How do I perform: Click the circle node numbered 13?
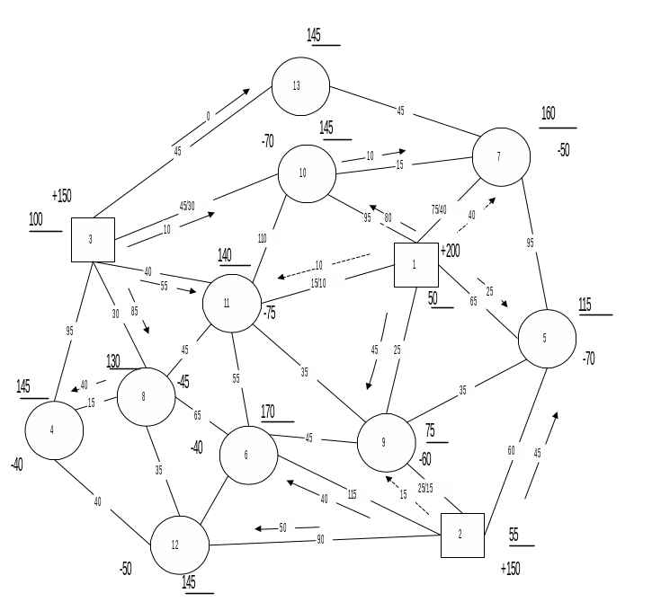click(x=300, y=86)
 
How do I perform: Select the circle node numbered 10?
click(x=307, y=173)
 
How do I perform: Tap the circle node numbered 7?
click(x=501, y=156)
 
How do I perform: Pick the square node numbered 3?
click(x=93, y=240)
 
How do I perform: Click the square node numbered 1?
click(x=415, y=264)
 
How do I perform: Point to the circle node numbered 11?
click(x=231, y=303)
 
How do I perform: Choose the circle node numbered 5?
click(x=547, y=339)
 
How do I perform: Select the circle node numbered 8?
click(x=146, y=396)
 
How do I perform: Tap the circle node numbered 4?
click(x=54, y=429)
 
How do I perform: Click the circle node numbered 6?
click(x=248, y=455)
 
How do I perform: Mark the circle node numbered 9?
click(x=386, y=442)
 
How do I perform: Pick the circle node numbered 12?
click(x=179, y=545)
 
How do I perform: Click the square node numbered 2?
click(x=462, y=535)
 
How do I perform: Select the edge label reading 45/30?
click(x=194, y=206)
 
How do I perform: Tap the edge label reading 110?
click(x=267, y=238)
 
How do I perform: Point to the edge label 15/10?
click(x=326, y=283)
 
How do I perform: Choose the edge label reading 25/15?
click(x=432, y=488)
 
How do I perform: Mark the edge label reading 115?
click(x=357, y=494)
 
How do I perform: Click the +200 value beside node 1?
click(x=451, y=251)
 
